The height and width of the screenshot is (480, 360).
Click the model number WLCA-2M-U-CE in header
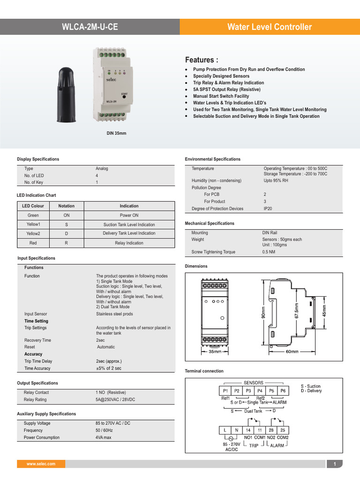[x=90, y=27]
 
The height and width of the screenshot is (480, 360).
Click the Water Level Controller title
[x=269, y=27]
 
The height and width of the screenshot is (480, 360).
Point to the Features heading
[x=202, y=60]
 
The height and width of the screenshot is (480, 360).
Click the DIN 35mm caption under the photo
[x=117, y=134]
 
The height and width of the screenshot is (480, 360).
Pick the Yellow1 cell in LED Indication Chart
[x=33, y=225]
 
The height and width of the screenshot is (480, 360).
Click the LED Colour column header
[x=33, y=206]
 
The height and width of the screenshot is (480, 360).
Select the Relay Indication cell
[x=129, y=243]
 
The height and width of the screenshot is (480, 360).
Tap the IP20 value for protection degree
[x=268, y=209]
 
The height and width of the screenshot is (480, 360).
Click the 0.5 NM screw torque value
[x=269, y=252]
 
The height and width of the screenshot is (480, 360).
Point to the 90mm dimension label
[x=263, y=313]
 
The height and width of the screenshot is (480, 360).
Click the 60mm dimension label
[x=292, y=351]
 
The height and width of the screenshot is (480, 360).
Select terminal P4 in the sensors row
[x=260, y=390]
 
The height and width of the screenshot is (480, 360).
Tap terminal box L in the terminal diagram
[x=225, y=430]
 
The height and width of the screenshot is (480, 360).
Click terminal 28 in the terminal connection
[x=271, y=430]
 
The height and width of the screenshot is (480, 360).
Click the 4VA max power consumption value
[x=104, y=437]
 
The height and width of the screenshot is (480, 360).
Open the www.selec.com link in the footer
[x=41, y=464]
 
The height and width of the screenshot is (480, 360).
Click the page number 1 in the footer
[x=335, y=464]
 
